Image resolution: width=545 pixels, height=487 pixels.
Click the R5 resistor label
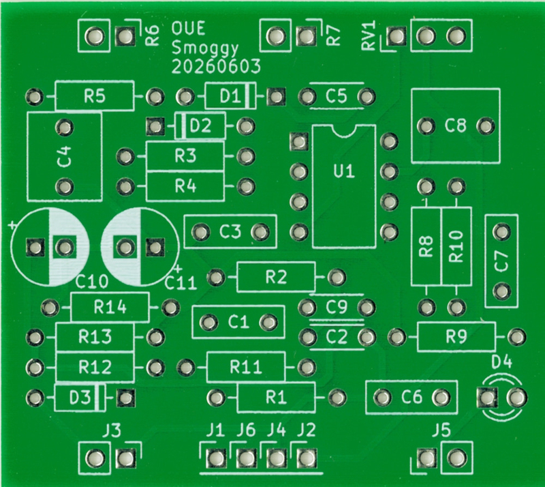(95, 96)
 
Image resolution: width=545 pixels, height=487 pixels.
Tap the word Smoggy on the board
(205, 48)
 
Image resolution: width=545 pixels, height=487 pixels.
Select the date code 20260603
(216, 67)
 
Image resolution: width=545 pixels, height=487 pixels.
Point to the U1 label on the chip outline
(344, 172)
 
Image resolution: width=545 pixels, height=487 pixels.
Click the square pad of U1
(298, 141)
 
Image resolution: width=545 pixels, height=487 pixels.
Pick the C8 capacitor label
(455, 126)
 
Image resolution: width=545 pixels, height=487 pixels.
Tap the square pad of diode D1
(276, 96)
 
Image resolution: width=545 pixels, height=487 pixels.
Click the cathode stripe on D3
(100, 397)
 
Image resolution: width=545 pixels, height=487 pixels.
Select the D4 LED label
(502, 362)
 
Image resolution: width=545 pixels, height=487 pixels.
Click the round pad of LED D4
(517, 397)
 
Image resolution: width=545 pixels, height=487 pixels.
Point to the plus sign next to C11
(178, 268)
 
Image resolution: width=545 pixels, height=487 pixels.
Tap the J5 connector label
(441, 431)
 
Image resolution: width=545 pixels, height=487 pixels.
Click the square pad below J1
(216, 458)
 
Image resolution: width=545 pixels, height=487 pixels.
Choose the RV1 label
(369, 35)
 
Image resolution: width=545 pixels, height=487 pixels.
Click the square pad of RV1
(396, 36)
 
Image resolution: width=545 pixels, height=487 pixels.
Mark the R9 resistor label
(456, 337)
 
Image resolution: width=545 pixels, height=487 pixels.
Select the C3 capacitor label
(230, 232)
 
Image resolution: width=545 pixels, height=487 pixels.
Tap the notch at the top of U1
(344, 130)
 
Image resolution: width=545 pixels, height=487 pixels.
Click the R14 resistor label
(110, 308)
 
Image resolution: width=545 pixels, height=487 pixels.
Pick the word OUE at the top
(188, 28)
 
